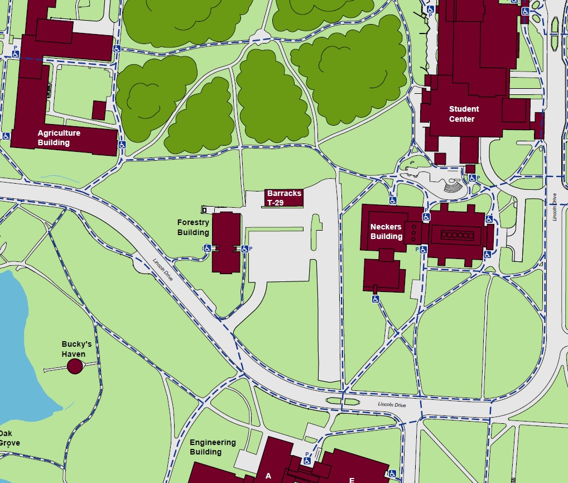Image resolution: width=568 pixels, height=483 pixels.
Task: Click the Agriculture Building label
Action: pyautogui.click(x=59, y=138)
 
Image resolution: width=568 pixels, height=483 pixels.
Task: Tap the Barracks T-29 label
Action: pyautogui.click(x=284, y=198)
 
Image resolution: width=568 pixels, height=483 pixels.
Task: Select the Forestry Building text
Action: pyautogui.click(x=193, y=228)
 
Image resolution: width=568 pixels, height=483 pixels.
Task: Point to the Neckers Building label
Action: pyautogui.click(x=386, y=232)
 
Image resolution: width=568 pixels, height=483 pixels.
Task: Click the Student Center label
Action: pyautogui.click(x=464, y=114)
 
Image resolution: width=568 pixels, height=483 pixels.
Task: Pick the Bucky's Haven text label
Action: pyautogui.click(x=76, y=349)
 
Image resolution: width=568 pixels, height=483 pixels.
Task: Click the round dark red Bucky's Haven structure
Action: pyautogui.click(x=75, y=366)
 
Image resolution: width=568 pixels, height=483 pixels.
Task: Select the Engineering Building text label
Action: pyautogui.click(x=213, y=447)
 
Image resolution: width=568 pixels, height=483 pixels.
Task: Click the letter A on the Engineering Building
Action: pyautogui.click(x=268, y=476)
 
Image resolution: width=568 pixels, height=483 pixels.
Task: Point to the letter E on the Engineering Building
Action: pyautogui.click(x=352, y=480)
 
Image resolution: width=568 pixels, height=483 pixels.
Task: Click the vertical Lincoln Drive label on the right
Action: pyautogui.click(x=555, y=207)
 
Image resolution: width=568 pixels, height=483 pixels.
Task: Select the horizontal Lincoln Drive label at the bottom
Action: pyautogui.click(x=392, y=405)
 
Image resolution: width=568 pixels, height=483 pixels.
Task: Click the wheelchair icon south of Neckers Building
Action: pyautogui.click(x=376, y=299)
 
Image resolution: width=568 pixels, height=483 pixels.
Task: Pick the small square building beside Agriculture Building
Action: pyautogui.click(x=99, y=110)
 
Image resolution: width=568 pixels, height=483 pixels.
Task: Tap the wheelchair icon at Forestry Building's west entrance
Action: pyautogui.click(x=207, y=248)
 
